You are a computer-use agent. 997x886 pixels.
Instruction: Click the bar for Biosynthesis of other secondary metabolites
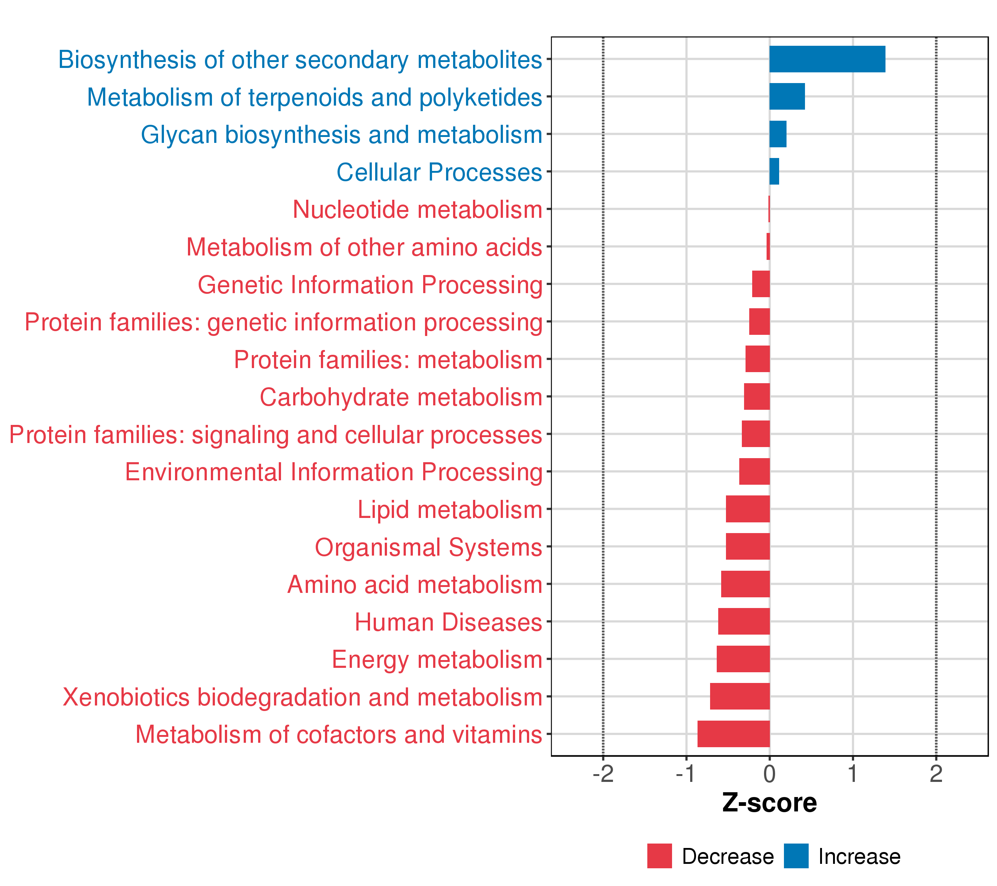827,59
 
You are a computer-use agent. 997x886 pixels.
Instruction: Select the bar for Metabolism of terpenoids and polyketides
787,97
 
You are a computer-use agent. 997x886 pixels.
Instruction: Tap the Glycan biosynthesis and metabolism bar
778,134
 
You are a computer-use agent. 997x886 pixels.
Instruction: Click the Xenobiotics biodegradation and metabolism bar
740,696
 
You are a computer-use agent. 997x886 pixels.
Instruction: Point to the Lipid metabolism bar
747,509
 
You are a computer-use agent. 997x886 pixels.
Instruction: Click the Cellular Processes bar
774,172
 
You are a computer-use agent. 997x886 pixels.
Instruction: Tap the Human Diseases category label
448,622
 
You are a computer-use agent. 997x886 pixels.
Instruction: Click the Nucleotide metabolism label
417,210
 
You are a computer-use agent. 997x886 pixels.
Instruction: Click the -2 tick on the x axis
603,774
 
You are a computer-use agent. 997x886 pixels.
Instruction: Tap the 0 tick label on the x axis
769,774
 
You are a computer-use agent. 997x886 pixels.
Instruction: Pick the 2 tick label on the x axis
936,774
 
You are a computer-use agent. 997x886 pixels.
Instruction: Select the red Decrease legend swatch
659,856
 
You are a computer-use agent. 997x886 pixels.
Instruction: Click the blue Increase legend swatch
796,856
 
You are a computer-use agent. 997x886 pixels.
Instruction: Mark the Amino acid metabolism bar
745,584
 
